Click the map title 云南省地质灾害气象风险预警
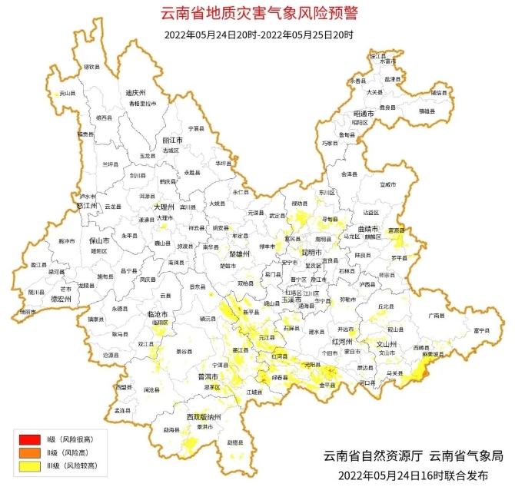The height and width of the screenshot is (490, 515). coord(258,13)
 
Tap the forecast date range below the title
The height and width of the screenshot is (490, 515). coord(258,35)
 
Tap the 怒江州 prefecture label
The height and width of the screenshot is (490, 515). coord(88,206)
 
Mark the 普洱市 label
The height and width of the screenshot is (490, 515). coord(208,377)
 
